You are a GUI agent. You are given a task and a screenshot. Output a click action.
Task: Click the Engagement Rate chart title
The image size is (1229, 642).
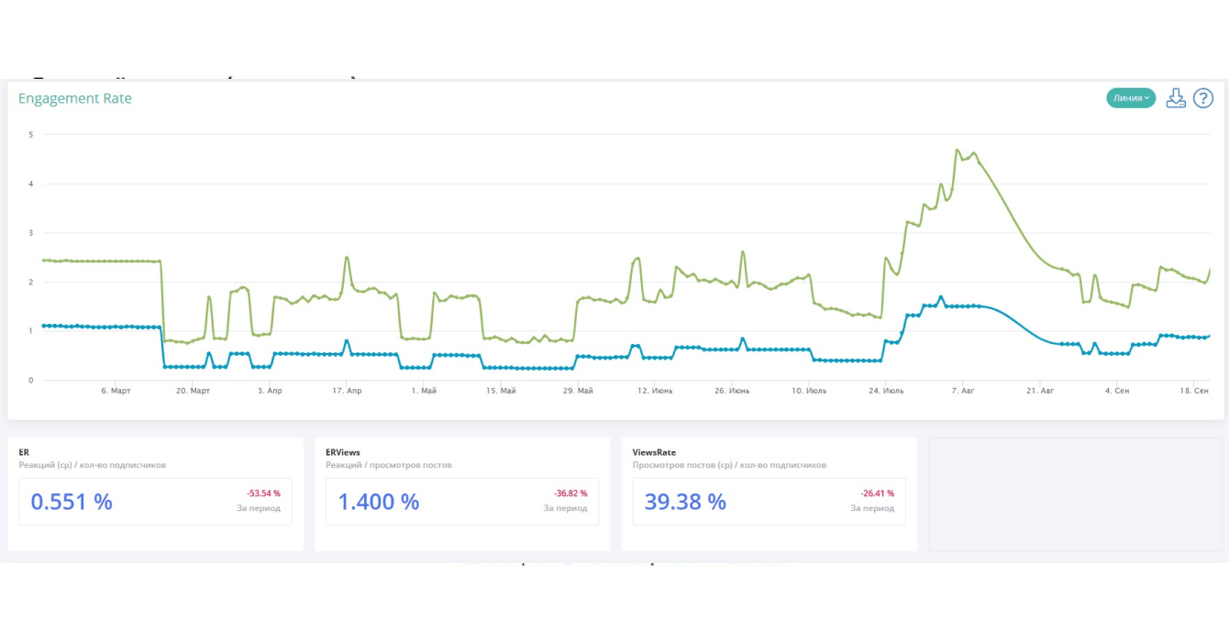coord(75,99)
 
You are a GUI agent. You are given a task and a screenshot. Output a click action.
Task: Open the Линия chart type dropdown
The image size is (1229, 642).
coord(1130,98)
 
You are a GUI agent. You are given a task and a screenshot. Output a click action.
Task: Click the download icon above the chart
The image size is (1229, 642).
coord(1176,98)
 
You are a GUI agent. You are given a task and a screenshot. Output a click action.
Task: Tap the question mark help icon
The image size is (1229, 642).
coord(1202,98)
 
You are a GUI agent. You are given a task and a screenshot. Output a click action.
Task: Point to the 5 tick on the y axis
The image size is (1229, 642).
coord(31,135)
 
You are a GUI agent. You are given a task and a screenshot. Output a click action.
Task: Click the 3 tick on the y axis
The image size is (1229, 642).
coord(31,233)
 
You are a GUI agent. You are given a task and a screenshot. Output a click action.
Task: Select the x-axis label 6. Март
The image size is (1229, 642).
coord(116,391)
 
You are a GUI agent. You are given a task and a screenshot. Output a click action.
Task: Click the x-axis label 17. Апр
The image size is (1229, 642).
coord(347,391)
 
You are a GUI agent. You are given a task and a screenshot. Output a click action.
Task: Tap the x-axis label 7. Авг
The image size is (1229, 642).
coord(963,391)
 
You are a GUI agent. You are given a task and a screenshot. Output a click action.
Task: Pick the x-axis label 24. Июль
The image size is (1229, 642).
coord(886,391)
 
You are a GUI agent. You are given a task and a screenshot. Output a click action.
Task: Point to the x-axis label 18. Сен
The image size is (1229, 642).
coord(1194,391)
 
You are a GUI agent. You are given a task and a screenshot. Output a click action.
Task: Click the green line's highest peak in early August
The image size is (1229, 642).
coord(958,150)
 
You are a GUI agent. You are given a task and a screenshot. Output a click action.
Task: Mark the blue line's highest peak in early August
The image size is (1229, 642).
coord(941,297)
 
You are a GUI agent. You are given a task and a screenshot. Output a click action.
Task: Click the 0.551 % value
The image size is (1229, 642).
coord(72,502)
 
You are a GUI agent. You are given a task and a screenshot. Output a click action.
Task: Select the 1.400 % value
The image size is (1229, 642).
coord(379,502)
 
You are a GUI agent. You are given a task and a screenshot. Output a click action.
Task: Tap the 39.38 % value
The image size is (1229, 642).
coord(686,502)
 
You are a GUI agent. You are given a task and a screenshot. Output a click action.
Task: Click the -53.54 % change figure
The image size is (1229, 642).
coord(263,493)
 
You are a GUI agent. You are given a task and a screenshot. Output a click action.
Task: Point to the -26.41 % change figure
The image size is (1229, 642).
coord(877,493)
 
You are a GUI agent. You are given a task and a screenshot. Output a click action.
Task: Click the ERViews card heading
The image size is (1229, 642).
coord(343,452)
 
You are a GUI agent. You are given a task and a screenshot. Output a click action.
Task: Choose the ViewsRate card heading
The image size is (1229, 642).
coord(654,452)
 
